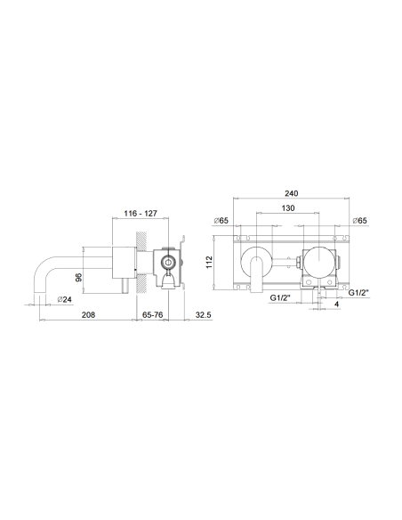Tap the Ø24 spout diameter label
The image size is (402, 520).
pos(64,299)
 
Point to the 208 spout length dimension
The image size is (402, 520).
pos(88,314)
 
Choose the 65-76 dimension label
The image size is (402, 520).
pos(152,314)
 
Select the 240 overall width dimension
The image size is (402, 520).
pos(291,193)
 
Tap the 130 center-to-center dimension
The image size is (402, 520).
pos(288,207)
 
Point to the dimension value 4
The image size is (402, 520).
pos(337,305)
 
